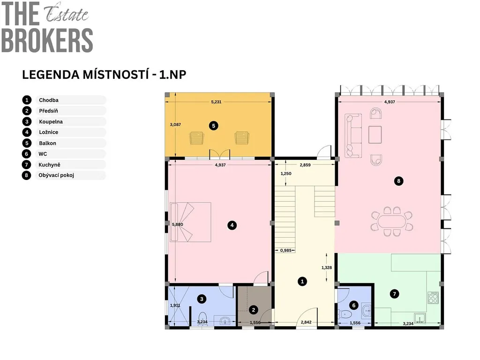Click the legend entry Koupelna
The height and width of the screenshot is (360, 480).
51,121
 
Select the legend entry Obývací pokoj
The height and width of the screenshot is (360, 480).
56,175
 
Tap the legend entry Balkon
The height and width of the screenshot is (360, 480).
47,143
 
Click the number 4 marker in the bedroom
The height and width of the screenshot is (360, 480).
232,225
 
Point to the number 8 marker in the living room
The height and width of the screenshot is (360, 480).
398,181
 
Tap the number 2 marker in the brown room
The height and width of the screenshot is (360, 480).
254,310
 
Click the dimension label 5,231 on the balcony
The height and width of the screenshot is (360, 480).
216,102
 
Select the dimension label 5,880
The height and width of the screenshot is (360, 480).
178,225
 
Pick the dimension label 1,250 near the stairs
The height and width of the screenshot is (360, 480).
286,173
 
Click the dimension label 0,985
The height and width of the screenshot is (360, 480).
286,250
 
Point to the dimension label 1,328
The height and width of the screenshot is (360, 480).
327,268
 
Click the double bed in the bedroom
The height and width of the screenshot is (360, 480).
191,222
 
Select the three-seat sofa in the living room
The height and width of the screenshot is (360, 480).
353,135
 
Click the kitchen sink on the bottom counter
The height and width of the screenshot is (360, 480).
420,318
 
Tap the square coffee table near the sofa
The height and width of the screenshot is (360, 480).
375,135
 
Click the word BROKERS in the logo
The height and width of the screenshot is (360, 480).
47,41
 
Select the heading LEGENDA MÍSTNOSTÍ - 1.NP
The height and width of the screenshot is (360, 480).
104,75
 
